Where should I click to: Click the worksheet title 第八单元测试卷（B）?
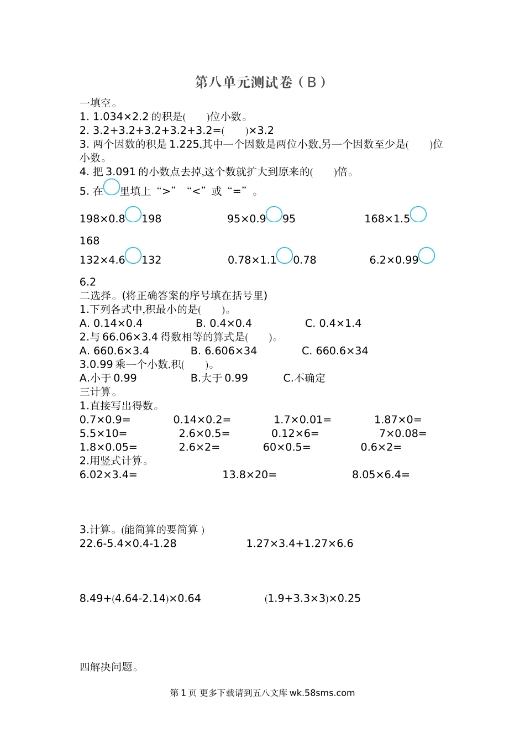(x=261, y=82)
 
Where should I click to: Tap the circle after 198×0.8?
(x=133, y=214)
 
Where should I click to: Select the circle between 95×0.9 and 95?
(x=274, y=214)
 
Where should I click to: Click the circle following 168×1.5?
(x=418, y=214)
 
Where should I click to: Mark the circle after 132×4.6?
(x=133, y=255)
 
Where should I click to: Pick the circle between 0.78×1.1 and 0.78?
(x=285, y=255)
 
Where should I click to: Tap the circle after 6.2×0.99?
(x=427, y=255)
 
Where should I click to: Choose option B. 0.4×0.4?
(x=224, y=323)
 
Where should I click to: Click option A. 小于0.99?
(x=108, y=378)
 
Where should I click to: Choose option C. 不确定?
(x=304, y=378)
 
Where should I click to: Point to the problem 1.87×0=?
(x=398, y=420)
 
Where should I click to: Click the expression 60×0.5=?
(x=287, y=447)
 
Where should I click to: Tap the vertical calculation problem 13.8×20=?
(x=249, y=475)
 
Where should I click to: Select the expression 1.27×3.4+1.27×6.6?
(x=300, y=543)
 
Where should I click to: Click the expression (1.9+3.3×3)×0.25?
(x=313, y=599)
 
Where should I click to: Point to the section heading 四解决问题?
(x=108, y=667)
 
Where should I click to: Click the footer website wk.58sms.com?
(x=322, y=693)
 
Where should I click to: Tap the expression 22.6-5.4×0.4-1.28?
(x=128, y=543)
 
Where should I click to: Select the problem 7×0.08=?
(x=403, y=434)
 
